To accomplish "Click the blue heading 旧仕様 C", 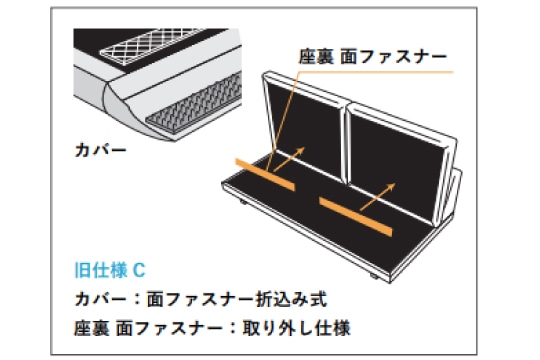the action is point(110,270).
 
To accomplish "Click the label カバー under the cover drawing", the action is point(101,150).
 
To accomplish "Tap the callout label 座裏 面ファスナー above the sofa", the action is point(373,56).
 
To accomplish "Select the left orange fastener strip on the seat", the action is point(265,174).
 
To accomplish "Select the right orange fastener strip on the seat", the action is point(356,217).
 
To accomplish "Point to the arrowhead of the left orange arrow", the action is point(301,150).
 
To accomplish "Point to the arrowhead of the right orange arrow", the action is point(391,186).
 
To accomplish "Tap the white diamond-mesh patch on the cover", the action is point(150,46).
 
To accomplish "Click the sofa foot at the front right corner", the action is point(374,276).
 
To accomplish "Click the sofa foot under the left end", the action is point(243,202).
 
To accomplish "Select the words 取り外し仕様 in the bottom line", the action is point(297,328).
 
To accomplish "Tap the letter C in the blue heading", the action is point(139,270).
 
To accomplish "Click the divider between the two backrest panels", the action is point(345,145).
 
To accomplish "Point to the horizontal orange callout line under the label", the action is point(376,72).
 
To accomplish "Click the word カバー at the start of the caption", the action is point(101,299).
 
